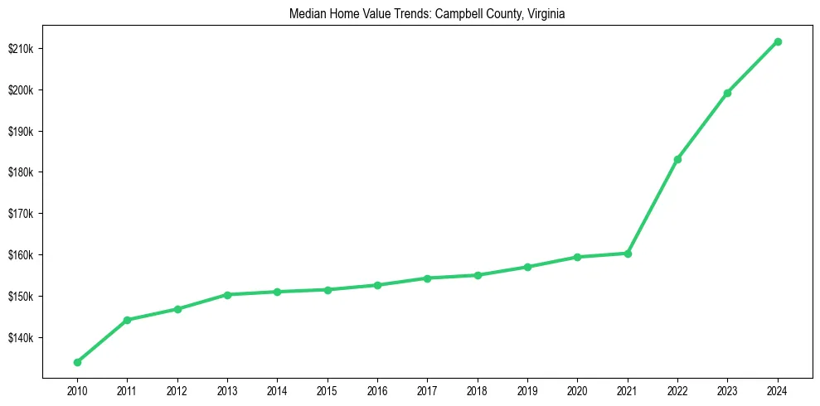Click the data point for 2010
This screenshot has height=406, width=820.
click(x=77, y=362)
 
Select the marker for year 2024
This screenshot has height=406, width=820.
click(x=778, y=41)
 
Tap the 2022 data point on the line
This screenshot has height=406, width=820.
click(x=677, y=159)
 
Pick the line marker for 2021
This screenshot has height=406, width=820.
click(x=628, y=254)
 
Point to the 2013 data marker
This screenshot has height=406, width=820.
click(x=227, y=294)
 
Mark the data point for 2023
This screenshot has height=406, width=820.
click(x=727, y=93)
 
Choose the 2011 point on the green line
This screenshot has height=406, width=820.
click(x=127, y=320)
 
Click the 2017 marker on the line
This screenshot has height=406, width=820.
click(x=427, y=278)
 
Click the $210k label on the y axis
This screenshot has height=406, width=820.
click(x=20, y=49)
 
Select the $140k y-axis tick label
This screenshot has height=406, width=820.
click(x=20, y=338)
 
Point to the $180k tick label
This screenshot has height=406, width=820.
click(x=20, y=172)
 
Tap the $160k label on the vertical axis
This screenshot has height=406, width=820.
click(x=20, y=255)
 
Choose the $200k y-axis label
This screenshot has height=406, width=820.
click(x=20, y=90)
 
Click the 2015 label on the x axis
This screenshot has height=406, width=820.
click(x=328, y=389)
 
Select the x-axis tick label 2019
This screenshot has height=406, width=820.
click(x=527, y=389)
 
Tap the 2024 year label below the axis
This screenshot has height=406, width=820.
click(x=778, y=389)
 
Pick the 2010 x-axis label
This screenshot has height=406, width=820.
click(x=77, y=389)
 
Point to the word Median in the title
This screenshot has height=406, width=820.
click(x=307, y=14)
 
